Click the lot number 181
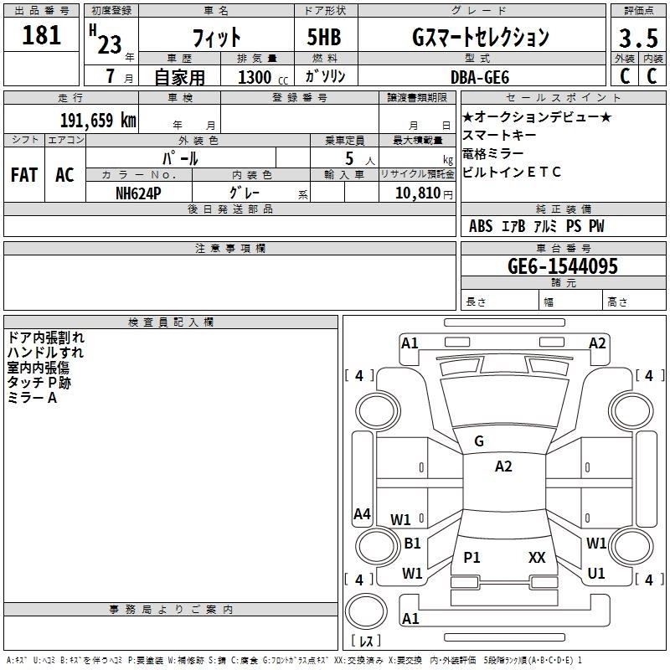click(43, 36)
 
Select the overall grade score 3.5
click(636, 38)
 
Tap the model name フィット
click(217, 38)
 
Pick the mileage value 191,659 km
click(97, 120)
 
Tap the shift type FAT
click(23, 175)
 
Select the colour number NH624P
click(139, 193)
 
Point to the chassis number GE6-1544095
click(563, 266)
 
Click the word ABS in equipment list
click(481, 226)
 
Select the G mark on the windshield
click(479, 441)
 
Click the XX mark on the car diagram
click(537, 557)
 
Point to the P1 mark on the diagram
click(472, 557)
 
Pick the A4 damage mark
click(362, 514)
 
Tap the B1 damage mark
click(412, 544)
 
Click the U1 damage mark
click(596, 573)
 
